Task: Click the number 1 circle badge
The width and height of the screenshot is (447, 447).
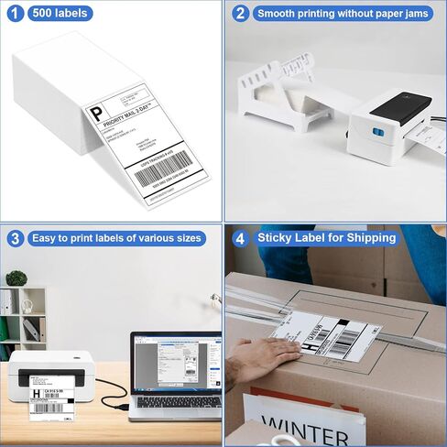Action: click(x=15, y=14)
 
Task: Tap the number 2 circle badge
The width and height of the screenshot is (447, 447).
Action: click(x=239, y=14)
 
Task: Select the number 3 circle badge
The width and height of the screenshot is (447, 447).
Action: click(x=15, y=238)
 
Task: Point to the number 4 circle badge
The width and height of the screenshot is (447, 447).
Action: click(x=240, y=238)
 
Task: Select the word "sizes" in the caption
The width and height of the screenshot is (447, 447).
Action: click(x=184, y=238)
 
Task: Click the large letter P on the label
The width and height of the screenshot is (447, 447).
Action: click(x=96, y=114)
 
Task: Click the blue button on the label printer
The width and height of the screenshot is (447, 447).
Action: click(x=376, y=132)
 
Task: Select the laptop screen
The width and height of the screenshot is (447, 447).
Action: click(x=177, y=365)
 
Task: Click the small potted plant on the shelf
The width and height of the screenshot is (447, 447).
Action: click(x=16, y=278)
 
